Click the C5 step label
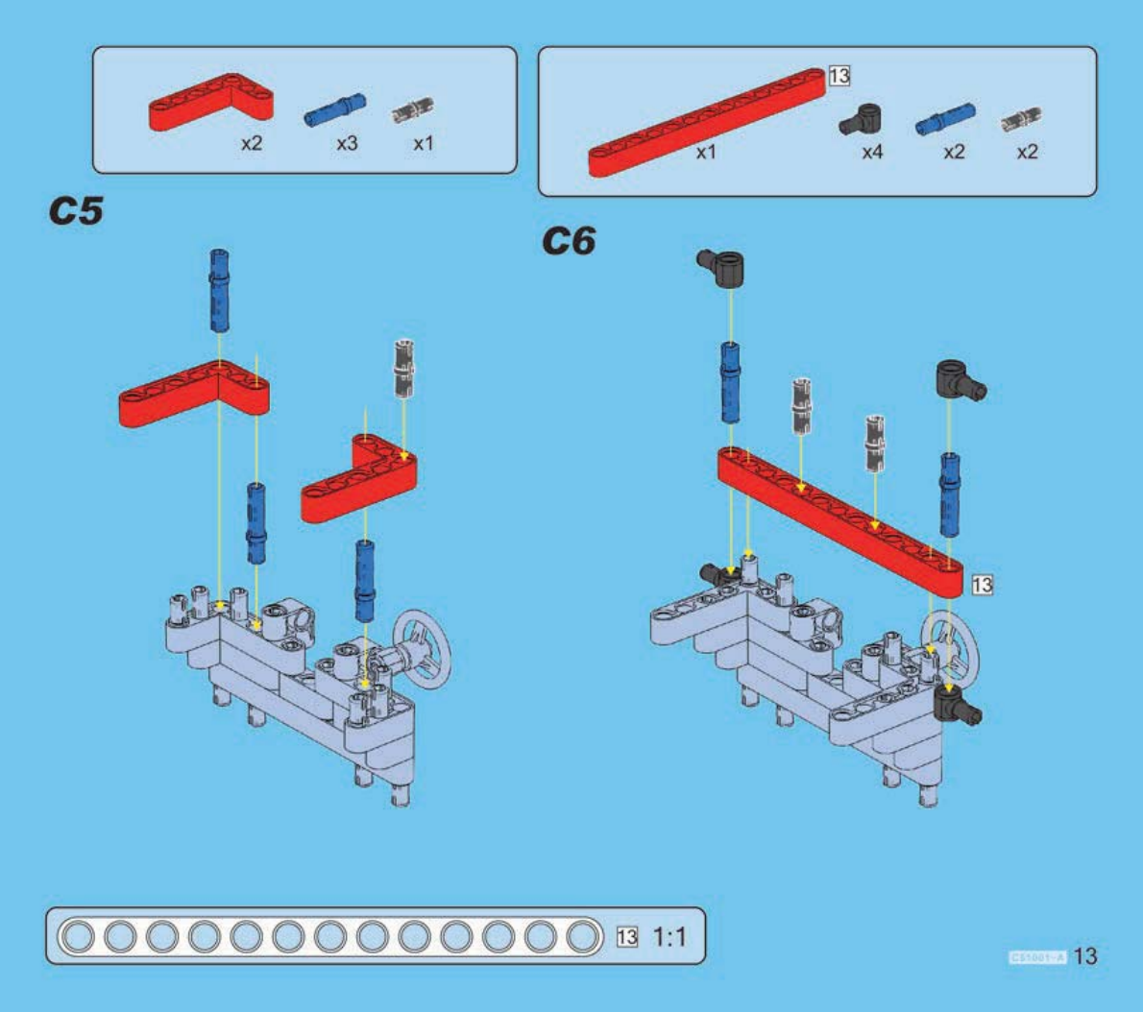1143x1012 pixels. pos(76,211)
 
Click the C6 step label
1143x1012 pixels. pos(569,241)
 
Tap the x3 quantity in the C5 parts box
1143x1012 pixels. pos(347,143)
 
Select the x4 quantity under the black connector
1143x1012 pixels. pos(872,152)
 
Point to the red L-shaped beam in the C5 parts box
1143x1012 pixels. pos(210,101)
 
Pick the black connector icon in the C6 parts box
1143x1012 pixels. pos(861,120)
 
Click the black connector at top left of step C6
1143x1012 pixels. pos(723,266)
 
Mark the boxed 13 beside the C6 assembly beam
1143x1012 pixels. pos(982,584)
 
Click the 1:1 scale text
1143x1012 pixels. pos(669,936)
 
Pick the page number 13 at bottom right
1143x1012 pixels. pos(1084,956)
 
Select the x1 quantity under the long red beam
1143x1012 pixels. pos(706,152)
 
